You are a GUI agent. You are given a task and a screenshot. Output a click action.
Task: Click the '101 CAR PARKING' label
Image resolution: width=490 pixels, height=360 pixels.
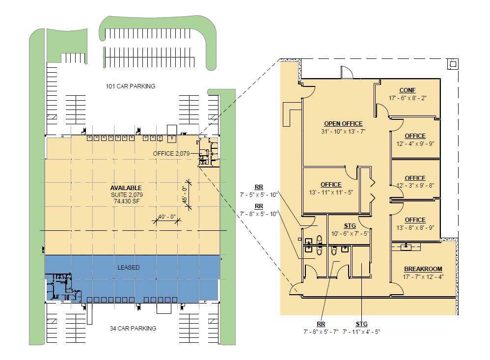coord(130,86)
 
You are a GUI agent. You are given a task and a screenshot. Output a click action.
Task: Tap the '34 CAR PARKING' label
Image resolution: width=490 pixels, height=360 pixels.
coord(133,329)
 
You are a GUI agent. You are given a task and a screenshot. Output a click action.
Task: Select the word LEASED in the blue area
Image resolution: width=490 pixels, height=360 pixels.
coord(129,268)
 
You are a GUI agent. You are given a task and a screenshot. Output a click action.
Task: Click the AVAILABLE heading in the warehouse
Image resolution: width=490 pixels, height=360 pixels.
coord(126,188)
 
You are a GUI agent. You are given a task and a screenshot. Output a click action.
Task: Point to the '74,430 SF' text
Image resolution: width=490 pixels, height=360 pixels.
coord(126,201)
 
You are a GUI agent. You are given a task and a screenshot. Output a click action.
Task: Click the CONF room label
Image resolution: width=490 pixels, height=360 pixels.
coord(408,90)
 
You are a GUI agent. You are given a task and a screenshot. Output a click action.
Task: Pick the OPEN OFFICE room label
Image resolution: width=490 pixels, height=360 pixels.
coord(343,124)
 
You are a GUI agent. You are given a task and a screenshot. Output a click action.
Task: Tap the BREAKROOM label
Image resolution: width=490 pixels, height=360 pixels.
coord(423,269)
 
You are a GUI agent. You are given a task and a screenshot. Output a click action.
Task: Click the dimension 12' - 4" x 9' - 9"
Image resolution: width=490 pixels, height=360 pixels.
coord(415,143)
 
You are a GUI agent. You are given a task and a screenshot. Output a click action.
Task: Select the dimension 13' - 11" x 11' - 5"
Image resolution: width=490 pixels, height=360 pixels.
coord(330,192)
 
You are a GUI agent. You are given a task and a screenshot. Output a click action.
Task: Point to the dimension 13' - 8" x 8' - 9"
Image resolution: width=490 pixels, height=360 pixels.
coord(415,227)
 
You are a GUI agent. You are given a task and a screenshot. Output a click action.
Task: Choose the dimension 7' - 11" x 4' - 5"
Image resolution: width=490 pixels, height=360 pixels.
coord(361,332)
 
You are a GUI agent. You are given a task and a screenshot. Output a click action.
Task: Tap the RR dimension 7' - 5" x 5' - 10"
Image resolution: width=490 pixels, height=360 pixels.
coord(259,194)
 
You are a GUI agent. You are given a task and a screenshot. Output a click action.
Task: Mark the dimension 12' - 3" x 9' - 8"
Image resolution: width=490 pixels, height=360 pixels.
coord(415,185)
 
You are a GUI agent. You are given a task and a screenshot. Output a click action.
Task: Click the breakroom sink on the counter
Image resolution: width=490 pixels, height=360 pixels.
coord(406,247)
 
